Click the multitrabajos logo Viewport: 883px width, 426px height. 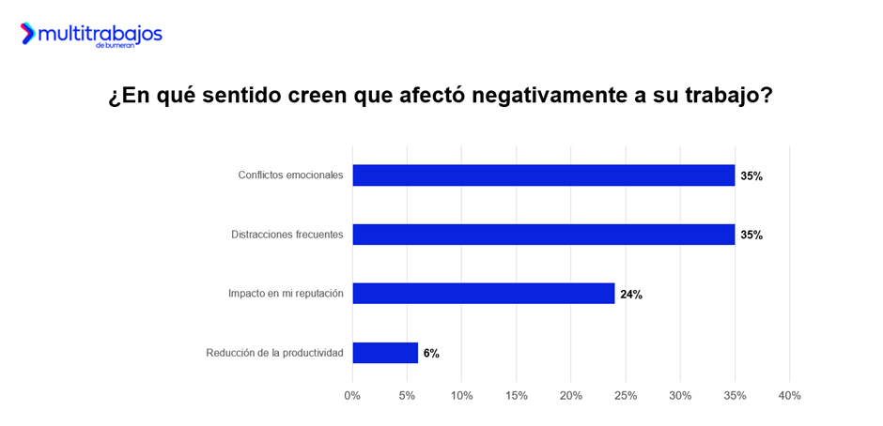click(91, 35)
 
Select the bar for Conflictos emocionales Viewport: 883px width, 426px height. click(543, 175)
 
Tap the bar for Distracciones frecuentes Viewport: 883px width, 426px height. click(543, 235)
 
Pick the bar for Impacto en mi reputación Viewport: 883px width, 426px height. click(483, 294)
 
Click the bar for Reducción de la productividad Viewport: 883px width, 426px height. click(385, 353)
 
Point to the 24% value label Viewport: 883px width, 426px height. click(631, 295)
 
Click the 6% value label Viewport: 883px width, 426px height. click(431, 354)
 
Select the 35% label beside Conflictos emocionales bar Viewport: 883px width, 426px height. click(751, 176)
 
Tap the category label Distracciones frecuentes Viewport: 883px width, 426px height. click(287, 235)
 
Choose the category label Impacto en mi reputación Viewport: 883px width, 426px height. click(286, 294)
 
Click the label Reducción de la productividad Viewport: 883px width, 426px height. click(274, 353)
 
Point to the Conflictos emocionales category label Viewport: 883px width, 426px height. click(290, 175)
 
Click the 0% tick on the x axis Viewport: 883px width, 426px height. click(352, 396)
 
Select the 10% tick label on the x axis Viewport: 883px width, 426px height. click(461, 396)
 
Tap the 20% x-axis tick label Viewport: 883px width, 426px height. click(570, 396)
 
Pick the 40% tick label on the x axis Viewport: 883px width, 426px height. click(789, 396)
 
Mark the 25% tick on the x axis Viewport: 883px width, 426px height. click(625, 396)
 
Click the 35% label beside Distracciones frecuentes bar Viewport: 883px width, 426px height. click(751, 236)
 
